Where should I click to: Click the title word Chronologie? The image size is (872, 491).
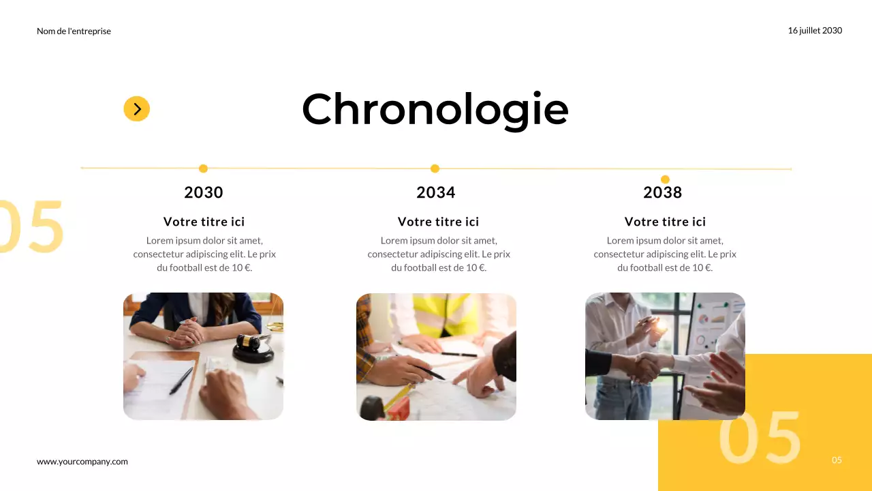(x=435, y=109)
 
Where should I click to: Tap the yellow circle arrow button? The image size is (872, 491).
(x=136, y=108)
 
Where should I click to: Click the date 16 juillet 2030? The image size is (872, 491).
(x=815, y=31)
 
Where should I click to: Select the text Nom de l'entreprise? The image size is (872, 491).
(x=74, y=31)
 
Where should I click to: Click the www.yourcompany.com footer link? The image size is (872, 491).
(x=82, y=462)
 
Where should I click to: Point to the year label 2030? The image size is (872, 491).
(x=204, y=193)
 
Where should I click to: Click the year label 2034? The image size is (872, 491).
(x=436, y=193)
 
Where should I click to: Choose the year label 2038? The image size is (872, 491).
(x=663, y=193)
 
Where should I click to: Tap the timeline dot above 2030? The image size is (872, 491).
(x=203, y=168)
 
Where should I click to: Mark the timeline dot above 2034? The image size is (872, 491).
(x=435, y=168)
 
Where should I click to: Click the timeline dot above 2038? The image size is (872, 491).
(x=665, y=179)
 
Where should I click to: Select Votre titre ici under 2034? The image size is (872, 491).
(x=438, y=222)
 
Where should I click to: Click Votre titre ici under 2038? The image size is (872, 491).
(x=665, y=222)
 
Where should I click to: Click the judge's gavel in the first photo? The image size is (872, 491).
(x=253, y=346)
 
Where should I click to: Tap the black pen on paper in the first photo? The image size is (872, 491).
(x=181, y=381)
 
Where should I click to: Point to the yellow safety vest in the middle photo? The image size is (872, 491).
(x=443, y=314)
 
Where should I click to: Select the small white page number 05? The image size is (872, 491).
(x=837, y=460)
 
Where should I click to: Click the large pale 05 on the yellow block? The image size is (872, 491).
(x=760, y=438)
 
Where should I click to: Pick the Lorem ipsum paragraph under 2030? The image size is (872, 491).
(x=204, y=254)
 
